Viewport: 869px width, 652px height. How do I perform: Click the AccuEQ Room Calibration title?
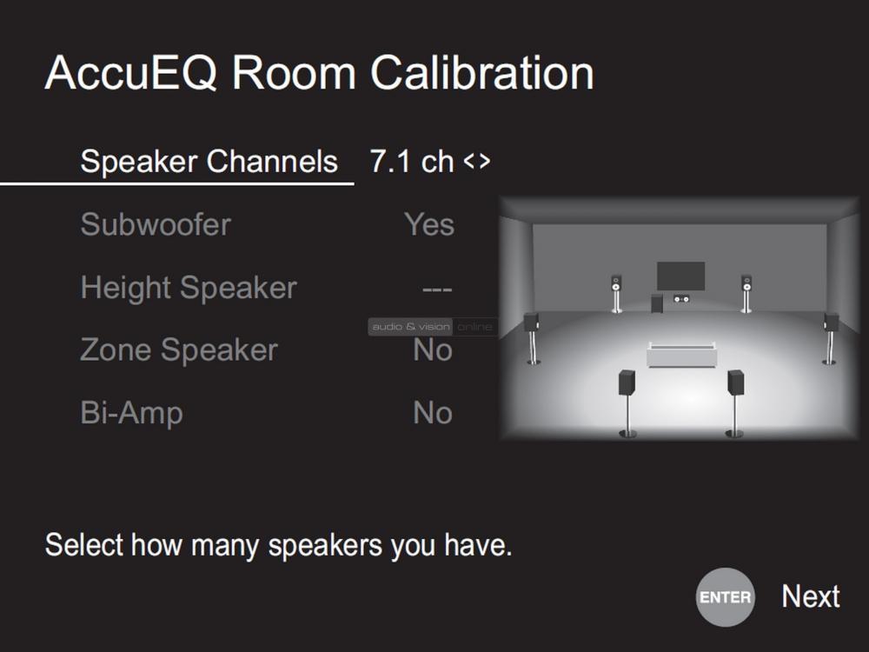(x=319, y=73)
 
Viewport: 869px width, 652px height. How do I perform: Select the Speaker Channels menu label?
(x=209, y=162)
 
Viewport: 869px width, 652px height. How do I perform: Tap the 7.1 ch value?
(x=412, y=162)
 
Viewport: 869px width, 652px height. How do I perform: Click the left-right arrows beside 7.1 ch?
(x=477, y=162)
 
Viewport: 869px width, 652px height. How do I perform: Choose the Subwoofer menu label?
(x=156, y=224)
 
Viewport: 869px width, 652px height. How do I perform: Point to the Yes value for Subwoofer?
(x=429, y=224)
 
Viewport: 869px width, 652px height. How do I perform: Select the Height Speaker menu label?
(x=189, y=288)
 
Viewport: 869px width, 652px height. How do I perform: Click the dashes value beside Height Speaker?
(x=437, y=289)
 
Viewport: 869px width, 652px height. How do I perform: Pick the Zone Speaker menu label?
(x=179, y=349)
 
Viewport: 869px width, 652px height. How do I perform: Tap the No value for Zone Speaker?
(x=433, y=349)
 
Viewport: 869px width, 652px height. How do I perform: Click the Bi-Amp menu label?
(x=132, y=413)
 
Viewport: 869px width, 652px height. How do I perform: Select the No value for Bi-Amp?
(x=433, y=413)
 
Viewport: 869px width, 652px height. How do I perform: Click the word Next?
(x=811, y=596)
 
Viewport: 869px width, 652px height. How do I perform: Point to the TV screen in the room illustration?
(x=681, y=276)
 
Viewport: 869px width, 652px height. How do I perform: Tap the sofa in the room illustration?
(x=681, y=355)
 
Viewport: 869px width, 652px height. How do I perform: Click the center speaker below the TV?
(x=681, y=299)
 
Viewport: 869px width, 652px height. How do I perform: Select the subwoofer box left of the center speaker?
(x=657, y=303)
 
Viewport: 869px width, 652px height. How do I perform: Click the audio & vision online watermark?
(x=433, y=327)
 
